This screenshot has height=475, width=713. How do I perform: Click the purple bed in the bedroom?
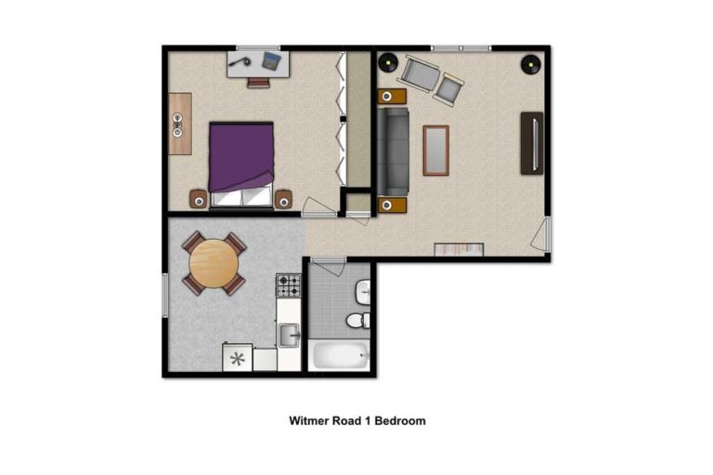(x=241, y=164)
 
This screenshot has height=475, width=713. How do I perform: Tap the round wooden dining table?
(x=214, y=264)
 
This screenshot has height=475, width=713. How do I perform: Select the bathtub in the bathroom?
(x=340, y=356)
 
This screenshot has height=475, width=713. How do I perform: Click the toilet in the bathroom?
(x=358, y=320)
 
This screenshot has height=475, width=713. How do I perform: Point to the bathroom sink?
(x=363, y=292)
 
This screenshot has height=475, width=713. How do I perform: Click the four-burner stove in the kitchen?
(x=289, y=285)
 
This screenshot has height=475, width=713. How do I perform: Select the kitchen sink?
(x=289, y=336)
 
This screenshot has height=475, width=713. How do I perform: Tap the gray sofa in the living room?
(x=394, y=152)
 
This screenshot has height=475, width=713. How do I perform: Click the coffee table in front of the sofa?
(x=436, y=151)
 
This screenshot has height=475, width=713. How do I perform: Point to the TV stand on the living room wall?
(x=532, y=143)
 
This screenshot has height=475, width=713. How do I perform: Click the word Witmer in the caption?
(x=309, y=421)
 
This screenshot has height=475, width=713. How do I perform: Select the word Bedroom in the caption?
(x=400, y=421)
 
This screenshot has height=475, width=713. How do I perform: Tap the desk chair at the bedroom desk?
(x=258, y=83)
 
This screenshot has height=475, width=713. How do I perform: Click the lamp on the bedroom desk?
(x=240, y=61)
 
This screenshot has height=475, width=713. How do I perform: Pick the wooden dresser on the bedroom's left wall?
(x=180, y=124)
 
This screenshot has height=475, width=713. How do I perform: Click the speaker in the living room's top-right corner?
(x=530, y=64)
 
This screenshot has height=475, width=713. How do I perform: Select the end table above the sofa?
(x=392, y=97)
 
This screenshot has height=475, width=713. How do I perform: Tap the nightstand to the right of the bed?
(x=284, y=200)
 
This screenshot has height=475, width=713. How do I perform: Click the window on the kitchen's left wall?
(x=165, y=295)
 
